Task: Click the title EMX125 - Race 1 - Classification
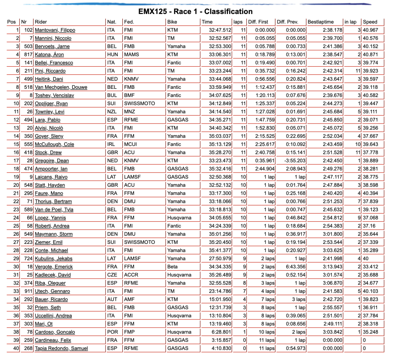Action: pyautogui.click(x=195, y=12)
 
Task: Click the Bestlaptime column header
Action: pyautogui.click(x=321, y=22)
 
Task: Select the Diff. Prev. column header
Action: pyautogui.click(x=288, y=22)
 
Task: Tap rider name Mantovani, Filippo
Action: pyautogui.click(x=55, y=30)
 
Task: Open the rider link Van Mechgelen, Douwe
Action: pyautogui.click(x=61, y=87)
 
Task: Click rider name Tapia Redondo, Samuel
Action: pyautogui.click(x=61, y=348)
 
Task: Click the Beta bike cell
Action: pyautogui.click(x=172, y=266)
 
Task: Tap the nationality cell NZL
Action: pyautogui.click(x=112, y=112)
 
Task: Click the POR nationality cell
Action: pyautogui.click(x=112, y=332)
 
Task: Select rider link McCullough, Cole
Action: pyautogui.click(x=54, y=144)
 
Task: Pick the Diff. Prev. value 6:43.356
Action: pyautogui.click(x=295, y=266)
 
